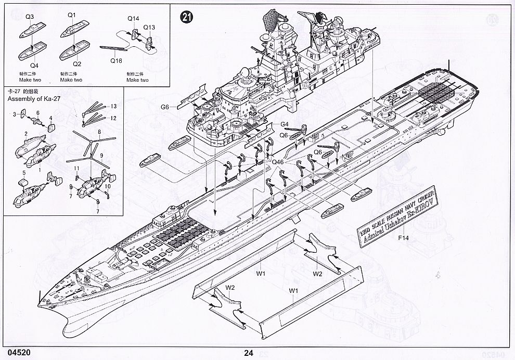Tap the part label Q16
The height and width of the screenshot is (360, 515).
click(116, 60)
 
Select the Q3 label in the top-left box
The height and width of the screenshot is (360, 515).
click(29, 17)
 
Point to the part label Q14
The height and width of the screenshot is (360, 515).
click(133, 19)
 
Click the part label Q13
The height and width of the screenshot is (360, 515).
click(149, 27)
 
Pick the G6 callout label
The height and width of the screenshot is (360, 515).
click(165, 107)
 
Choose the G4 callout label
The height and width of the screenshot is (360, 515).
click(285, 124)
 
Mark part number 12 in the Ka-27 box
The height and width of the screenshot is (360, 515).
click(112, 118)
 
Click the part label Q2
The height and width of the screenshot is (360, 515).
click(77, 64)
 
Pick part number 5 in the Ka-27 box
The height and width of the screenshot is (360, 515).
click(23, 172)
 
